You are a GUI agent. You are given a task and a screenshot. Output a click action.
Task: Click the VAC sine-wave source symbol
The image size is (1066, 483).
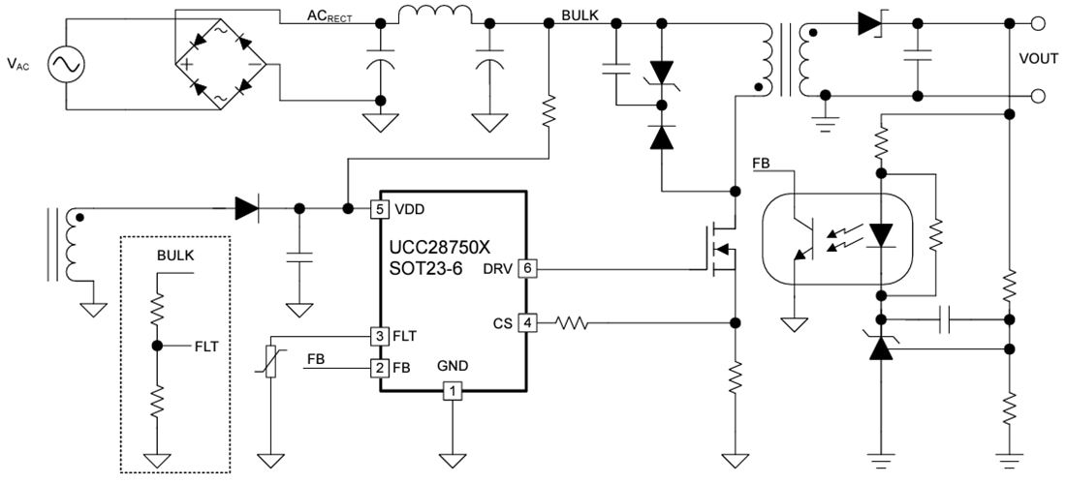[x=69, y=65]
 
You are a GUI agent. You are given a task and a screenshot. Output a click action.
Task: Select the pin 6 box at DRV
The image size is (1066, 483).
[x=527, y=268]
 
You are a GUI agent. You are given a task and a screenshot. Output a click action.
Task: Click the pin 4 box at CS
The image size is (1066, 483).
[x=527, y=321]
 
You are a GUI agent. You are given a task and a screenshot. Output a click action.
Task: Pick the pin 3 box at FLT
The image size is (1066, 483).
[x=381, y=336]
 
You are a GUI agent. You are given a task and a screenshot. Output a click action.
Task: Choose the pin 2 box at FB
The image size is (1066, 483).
[x=381, y=368]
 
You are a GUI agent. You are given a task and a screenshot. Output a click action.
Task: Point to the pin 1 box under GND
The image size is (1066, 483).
[x=452, y=391]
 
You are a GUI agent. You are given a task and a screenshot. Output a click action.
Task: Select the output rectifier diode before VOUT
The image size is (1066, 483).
[x=868, y=22]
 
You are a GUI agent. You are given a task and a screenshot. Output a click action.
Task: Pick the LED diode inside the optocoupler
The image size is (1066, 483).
[x=881, y=235]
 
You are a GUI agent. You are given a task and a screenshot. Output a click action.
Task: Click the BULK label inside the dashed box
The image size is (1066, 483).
[x=175, y=257]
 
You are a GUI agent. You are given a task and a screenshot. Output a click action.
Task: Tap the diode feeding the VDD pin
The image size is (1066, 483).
[x=247, y=207]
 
